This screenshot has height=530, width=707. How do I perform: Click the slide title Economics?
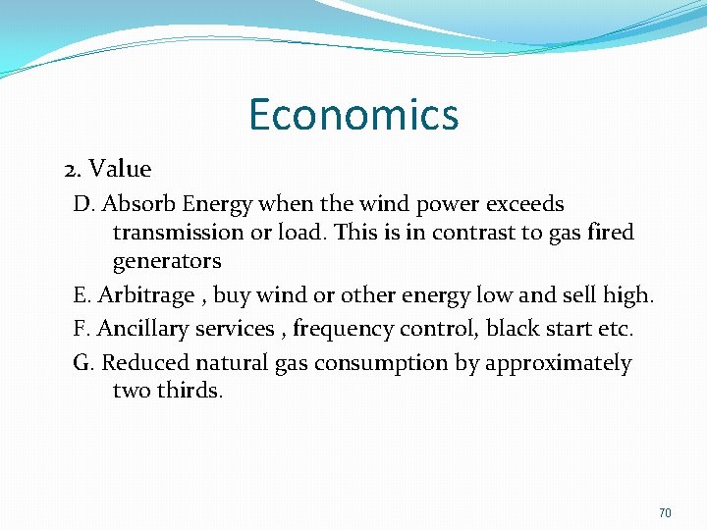pyautogui.click(x=353, y=114)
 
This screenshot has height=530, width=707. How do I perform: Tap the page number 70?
pyautogui.click(x=665, y=513)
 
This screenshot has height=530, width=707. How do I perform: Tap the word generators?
pyautogui.click(x=167, y=261)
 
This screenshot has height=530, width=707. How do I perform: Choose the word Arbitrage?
pyautogui.click(x=146, y=295)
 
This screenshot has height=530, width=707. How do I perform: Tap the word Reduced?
pyautogui.click(x=145, y=363)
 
